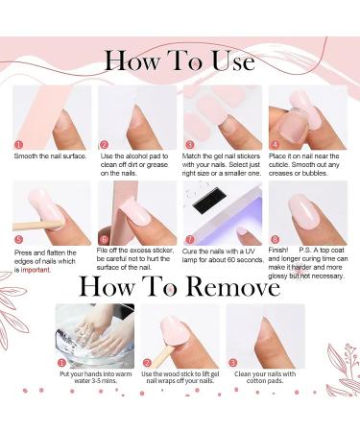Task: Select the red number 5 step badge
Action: [17, 240]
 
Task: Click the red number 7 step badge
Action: [189, 240]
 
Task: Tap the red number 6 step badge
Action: [104, 240]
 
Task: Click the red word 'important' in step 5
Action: [35, 270]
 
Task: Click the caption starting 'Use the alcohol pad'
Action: [134, 163]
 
